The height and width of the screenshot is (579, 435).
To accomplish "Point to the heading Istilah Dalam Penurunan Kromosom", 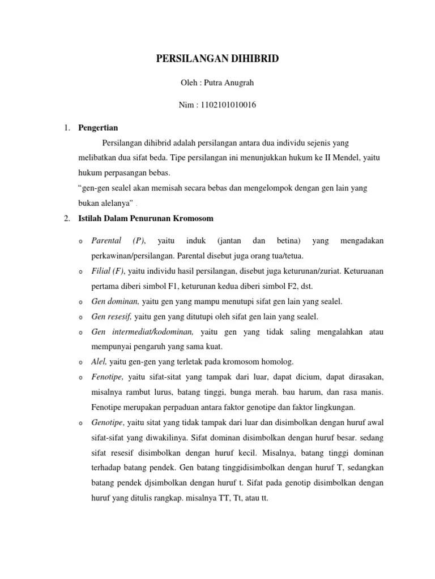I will tap(146, 218).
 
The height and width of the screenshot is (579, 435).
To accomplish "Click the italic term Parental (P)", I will tap(118, 241).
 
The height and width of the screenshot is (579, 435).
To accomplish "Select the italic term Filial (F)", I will tap(108, 271).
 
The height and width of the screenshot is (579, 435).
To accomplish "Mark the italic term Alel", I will tap(99, 361).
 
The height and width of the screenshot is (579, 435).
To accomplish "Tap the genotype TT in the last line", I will tap(227, 498).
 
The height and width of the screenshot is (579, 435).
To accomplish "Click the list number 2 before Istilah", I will tap(67, 218).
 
